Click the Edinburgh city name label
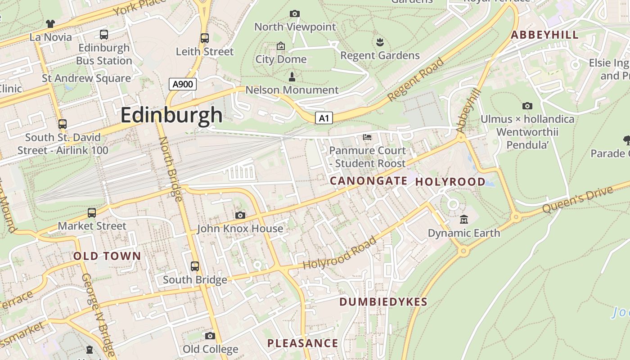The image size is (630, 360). pyautogui.click(x=171, y=115)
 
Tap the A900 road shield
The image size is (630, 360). pyautogui.click(x=183, y=84)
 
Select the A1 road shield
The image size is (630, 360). pyautogui.click(x=324, y=118)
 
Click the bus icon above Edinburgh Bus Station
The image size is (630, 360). pyautogui.click(x=104, y=35)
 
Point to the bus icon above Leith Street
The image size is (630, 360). pyautogui.click(x=205, y=38)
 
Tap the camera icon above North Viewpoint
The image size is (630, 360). pyautogui.click(x=295, y=14)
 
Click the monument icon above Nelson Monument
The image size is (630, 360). pyautogui.click(x=292, y=77)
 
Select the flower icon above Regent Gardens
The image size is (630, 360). pyautogui.click(x=380, y=42)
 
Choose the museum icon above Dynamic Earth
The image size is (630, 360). pyautogui.click(x=464, y=220)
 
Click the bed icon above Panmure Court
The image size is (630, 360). pyautogui.click(x=367, y=137)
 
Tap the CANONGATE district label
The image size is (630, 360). pyautogui.click(x=369, y=181)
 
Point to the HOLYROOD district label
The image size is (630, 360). pyautogui.click(x=450, y=182)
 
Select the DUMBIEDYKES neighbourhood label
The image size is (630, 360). pyautogui.click(x=383, y=302)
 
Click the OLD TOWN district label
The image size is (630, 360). pyautogui.click(x=107, y=256)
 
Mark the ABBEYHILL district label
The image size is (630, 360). pyautogui.click(x=544, y=35)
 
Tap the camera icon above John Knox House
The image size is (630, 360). pyautogui.click(x=240, y=216)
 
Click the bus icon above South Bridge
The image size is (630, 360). pyautogui.click(x=195, y=266)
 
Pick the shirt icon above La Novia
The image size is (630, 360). pyautogui.click(x=50, y=23)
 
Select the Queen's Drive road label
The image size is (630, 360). pyautogui.click(x=577, y=200)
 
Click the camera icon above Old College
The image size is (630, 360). pyautogui.click(x=210, y=336)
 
